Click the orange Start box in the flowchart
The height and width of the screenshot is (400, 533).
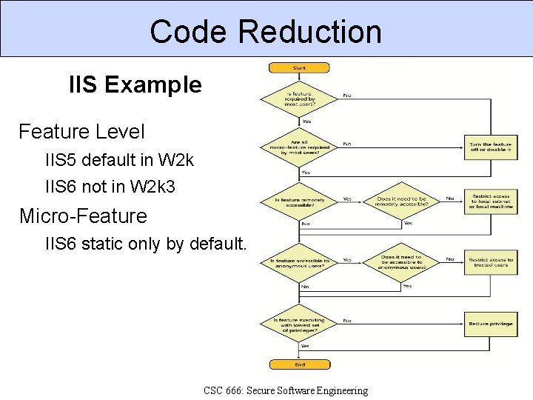[299, 68]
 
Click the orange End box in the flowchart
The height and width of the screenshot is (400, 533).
[299, 364]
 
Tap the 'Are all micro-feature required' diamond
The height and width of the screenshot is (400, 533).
[300, 146]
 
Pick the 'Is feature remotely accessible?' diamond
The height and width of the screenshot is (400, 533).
[300, 200]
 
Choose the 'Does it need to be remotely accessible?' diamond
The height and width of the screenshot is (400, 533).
[402, 201]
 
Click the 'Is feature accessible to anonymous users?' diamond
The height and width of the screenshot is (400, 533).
[300, 262]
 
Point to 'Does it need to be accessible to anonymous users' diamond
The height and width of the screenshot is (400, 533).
[402, 261]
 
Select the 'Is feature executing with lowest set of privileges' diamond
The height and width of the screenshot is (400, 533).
[300, 324]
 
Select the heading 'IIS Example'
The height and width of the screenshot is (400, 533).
[135, 85]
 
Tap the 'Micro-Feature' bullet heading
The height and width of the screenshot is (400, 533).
[83, 216]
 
